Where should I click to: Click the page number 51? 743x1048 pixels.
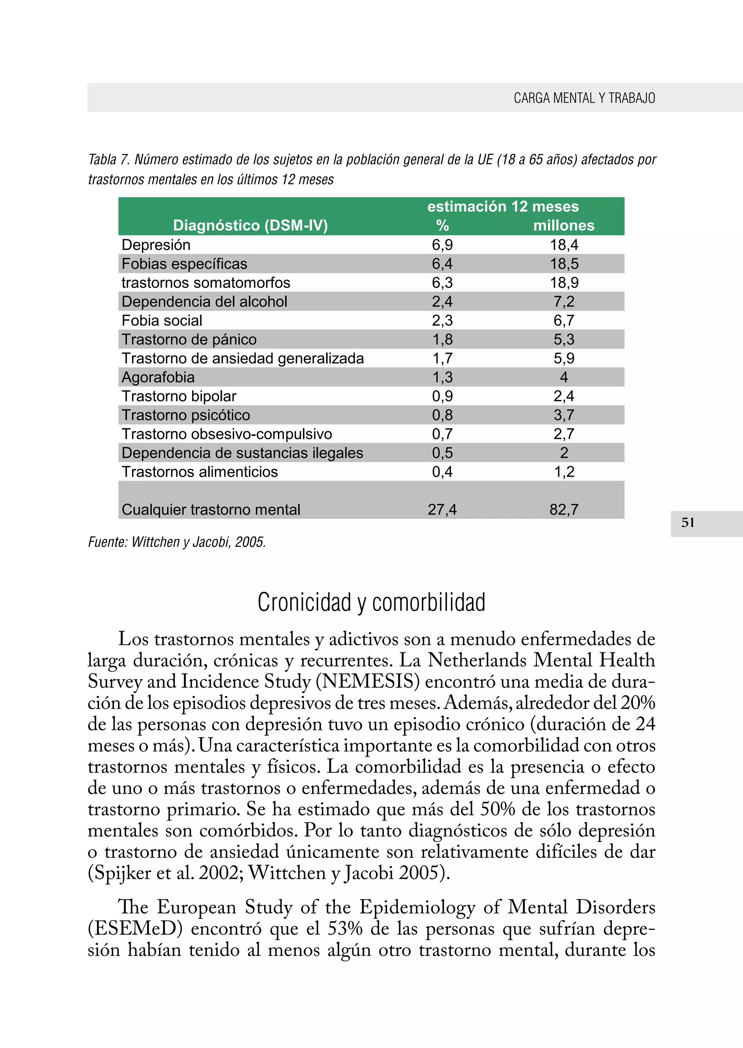click(687, 523)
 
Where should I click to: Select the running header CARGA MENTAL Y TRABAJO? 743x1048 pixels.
click(584, 98)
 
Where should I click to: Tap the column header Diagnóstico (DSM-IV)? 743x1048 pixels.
click(250, 225)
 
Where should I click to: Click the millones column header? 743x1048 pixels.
click(564, 225)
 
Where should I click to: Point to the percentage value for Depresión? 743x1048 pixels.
click(442, 245)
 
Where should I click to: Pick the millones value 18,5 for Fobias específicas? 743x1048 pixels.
click(564, 264)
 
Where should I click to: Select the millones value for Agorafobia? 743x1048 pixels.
click(564, 377)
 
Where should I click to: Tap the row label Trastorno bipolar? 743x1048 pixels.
click(179, 396)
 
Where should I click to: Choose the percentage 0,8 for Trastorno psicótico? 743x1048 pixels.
click(442, 415)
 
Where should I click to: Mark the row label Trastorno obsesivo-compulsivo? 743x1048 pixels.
click(226, 434)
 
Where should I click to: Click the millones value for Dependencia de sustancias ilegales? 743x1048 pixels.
click(564, 453)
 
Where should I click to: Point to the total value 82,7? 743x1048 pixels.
click(564, 510)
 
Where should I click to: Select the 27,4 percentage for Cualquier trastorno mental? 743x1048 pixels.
click(442, 510)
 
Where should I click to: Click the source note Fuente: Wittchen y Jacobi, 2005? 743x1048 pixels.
click(177, 542)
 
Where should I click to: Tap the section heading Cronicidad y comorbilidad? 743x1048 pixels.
click(371, 602)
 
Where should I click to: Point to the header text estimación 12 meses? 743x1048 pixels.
click(503, 207)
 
